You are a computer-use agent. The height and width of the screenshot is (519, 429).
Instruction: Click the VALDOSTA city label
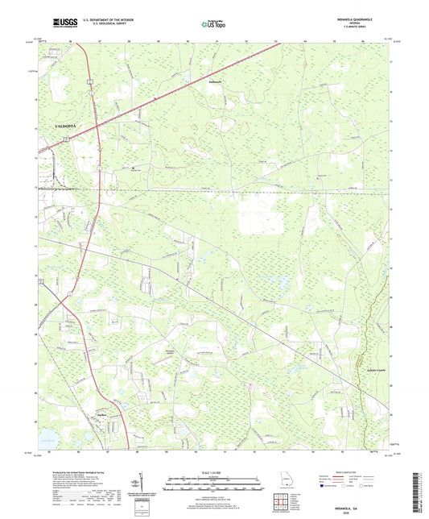66,128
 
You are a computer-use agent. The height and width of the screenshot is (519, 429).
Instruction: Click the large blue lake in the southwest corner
39,438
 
